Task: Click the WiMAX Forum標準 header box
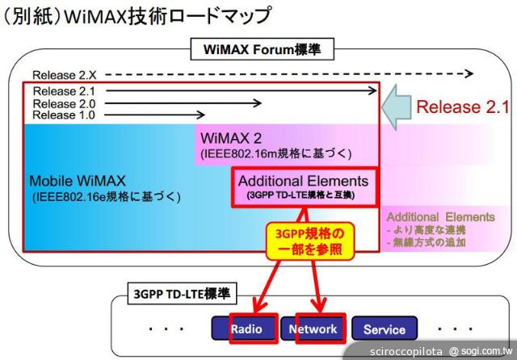(x=257, y=50)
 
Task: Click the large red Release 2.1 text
(x=462, y=107)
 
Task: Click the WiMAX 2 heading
(x=229, y=137)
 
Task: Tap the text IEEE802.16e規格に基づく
(x=106, y=196)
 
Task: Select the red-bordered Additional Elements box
(x=304, y=187)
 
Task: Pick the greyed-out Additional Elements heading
(x=440, y=216)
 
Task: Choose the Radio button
(x=246, y=329)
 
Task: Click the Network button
(x=313, y=329)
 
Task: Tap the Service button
(x=384, y=329)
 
